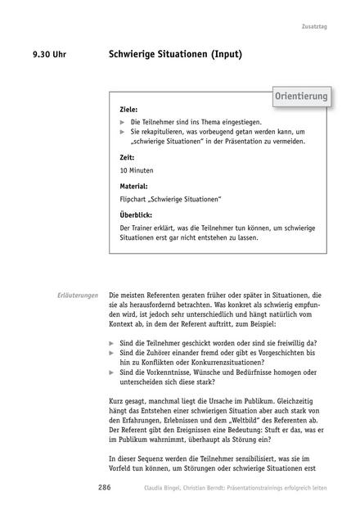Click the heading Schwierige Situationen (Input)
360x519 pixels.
(x=175, y=56)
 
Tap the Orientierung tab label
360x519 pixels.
(x=301, y=97)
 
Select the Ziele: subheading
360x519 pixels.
(x=128, y=109)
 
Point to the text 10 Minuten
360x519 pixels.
(x=136, y=170)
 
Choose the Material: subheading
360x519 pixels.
(x=133, y=186)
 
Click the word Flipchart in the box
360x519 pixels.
(x=136, y=199)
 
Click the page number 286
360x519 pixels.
(x=104, y=487)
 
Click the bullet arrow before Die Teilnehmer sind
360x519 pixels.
(x=123, y=121)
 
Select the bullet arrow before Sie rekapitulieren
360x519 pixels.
(x=123, y=131)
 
